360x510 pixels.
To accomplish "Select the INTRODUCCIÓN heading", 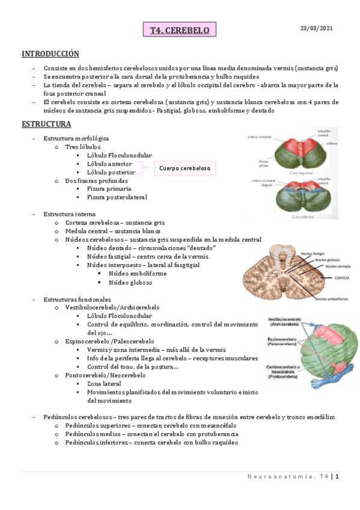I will point(50,54).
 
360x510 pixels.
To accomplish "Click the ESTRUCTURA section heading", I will point(46,124).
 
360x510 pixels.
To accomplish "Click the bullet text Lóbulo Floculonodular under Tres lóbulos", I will point(119,155).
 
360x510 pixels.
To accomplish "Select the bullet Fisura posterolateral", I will point(117,197).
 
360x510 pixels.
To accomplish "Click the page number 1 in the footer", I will point(338,477).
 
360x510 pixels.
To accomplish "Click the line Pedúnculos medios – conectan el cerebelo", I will point(151,434).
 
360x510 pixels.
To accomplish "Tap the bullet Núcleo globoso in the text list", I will point(130,282).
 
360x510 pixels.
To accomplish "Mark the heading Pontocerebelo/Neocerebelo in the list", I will point(105,375).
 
